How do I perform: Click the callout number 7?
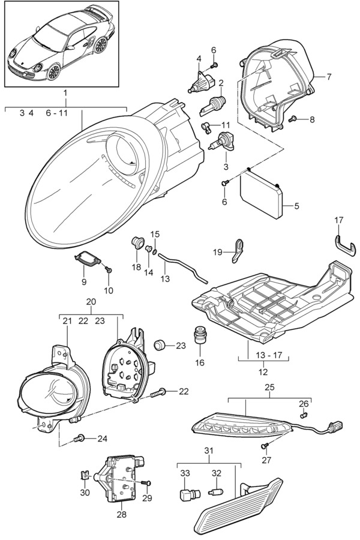coord(329,77)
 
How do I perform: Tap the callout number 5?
coord(296,206)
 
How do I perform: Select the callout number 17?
coord(338,220)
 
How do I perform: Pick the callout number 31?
coord(209,451)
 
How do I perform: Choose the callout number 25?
coord(269,388)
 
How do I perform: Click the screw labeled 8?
coord(293,119)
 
